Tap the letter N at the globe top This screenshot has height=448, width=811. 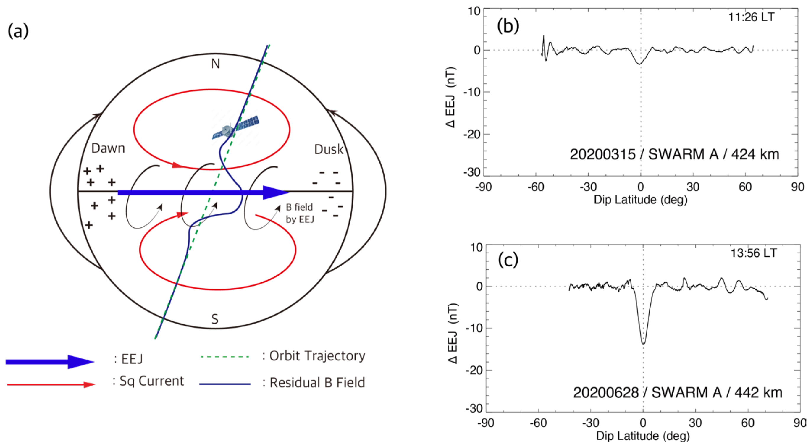click(215, 64)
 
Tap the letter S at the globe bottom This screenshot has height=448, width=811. click(215, 319)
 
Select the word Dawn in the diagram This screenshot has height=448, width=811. click(108, 148)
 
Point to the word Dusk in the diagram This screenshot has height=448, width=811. click(328, 149)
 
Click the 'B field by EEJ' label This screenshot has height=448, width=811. click(300, 213)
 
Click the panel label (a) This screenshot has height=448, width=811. click(18, 31)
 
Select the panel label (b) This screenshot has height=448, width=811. click(508, 26)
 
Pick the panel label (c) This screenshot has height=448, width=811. click(508, 260)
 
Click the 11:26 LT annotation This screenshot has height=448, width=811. click(751, 17)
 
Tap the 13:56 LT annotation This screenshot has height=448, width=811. click(753, 253)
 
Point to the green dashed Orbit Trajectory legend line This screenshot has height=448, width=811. click(225, 357)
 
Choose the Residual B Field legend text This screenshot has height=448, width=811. click(317, 383)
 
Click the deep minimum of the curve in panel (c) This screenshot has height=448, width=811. click(643, 343)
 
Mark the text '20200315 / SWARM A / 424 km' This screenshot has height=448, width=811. click(674, 154)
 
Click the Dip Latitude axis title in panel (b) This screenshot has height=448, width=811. click(640, 200)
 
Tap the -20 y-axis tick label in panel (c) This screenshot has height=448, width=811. click(474, 370)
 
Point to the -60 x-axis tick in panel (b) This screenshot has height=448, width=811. click(536, 187)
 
